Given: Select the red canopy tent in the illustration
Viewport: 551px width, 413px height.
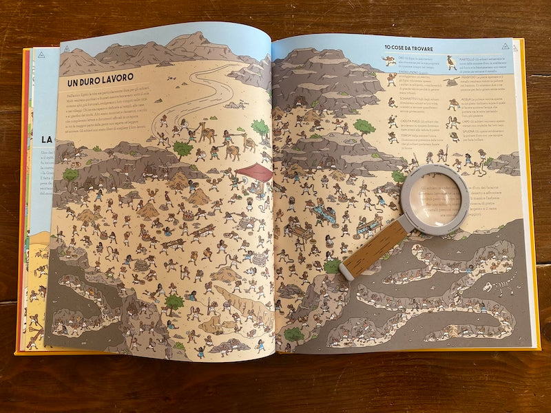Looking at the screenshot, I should (253, 172).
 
